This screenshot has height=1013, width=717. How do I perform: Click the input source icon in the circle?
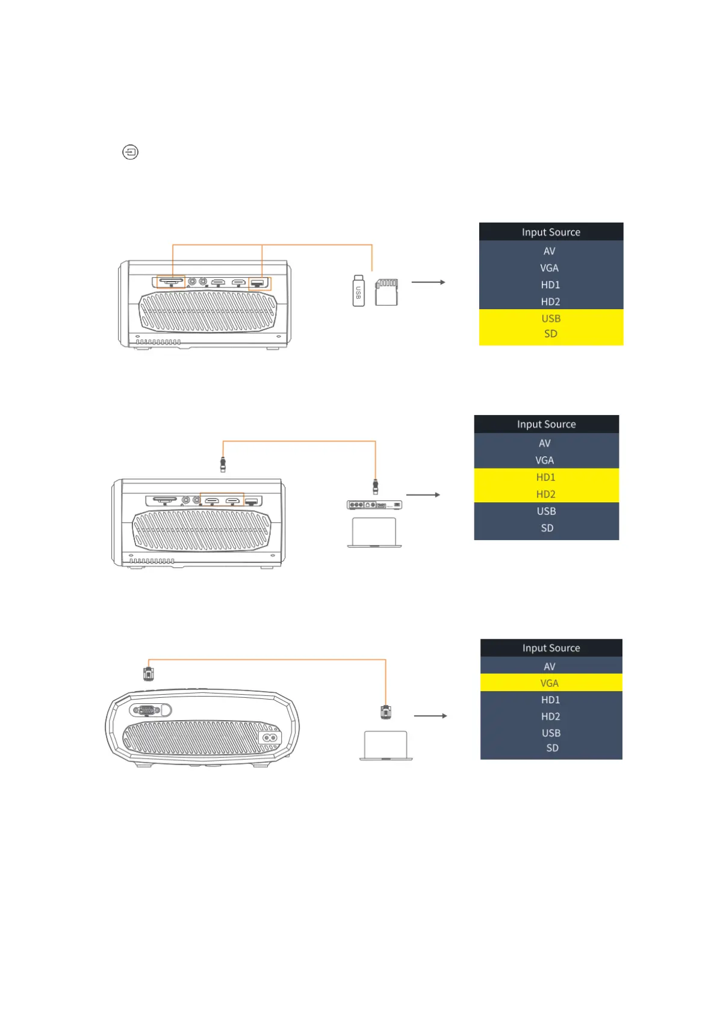[x=130, y=152]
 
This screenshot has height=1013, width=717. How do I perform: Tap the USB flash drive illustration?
[x=358, y=291]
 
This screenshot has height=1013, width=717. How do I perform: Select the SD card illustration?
[x=386, y=292]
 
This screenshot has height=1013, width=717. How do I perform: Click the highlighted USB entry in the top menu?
[x=551, y=318]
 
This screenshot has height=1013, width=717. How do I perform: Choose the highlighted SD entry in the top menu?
[x=551, y=334]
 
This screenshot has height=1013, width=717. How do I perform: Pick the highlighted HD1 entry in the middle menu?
[x=546, y=477]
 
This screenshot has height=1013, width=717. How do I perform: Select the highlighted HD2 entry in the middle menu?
[x=546, y=494]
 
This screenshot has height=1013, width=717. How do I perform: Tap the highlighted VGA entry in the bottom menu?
[x=550, y=683]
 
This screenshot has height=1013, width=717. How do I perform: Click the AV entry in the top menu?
[x=550, y=251]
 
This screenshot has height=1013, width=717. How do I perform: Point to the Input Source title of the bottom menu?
[x=551, y=648]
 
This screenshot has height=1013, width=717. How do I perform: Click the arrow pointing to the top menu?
[x=428, y=282]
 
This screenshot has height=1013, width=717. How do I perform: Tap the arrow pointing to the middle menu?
[x=423, y=495]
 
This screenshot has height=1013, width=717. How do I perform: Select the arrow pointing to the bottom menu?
[x=430, y=716]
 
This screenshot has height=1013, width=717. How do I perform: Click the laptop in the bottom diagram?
[x=386, y=746]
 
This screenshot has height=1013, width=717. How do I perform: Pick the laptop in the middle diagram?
[x=374, y=532]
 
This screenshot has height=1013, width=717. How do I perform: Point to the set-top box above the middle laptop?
[x=374, y=505]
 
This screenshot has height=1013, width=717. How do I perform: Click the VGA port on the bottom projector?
[x=147, y=710]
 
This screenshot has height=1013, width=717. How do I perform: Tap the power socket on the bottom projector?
[x=270, y=737]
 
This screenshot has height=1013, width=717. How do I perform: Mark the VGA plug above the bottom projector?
[x=149, y=673]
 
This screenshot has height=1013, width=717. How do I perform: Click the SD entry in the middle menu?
[x=547, y=528]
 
